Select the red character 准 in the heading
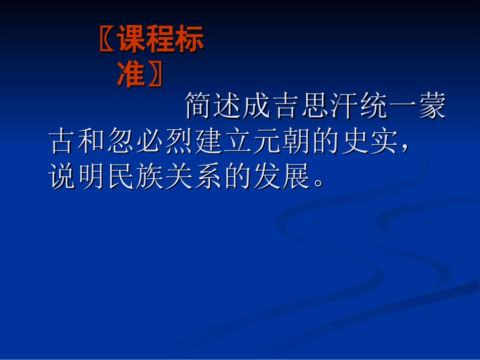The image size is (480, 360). click(131, 75)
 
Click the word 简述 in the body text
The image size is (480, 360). click(213, 107)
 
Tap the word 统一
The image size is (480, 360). click(389, 107)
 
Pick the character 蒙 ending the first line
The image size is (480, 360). click(433, 107)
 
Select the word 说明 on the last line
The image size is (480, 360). click(78, 176)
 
